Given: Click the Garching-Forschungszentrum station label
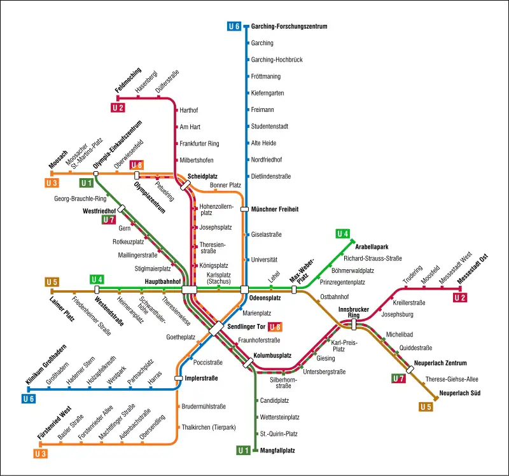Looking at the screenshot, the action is click(x=289, y=26).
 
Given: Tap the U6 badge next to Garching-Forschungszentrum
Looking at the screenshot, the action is click(x=234, y=26).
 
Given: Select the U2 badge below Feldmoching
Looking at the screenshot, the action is click(x=118, y=108).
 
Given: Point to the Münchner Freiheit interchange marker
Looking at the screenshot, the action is click(x=244, y=209).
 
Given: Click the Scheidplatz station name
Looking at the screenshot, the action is click(x=202, y=176).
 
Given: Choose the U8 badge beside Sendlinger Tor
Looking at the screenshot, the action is click(x=275, y=327).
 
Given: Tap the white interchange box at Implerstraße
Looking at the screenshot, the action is click(x=179, y=378).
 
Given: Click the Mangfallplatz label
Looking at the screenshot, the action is click(x=277, y=451).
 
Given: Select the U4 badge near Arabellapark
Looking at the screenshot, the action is click(x=342, y=234).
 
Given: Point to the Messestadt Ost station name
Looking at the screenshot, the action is click(x=473, y=269).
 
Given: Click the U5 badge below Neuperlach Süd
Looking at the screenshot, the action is click(x=426, y=407).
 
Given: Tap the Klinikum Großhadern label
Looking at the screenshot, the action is click(x=46, y=365).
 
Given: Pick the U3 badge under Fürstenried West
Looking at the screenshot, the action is click(x=41, y=454).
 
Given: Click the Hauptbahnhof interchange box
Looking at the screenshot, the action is click(x=189, y=290).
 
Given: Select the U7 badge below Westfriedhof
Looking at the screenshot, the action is click(x=109, y=220).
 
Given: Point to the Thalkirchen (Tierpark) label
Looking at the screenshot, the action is click(x=209, y=427).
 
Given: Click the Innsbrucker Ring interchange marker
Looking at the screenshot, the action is click(x=354, y=325).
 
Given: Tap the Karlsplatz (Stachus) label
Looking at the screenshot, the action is click(x=219, y=278).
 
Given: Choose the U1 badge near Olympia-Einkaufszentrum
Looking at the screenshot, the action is click(x=87, y=183).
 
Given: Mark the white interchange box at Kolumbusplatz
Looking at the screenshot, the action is click(x=248, y=363).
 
